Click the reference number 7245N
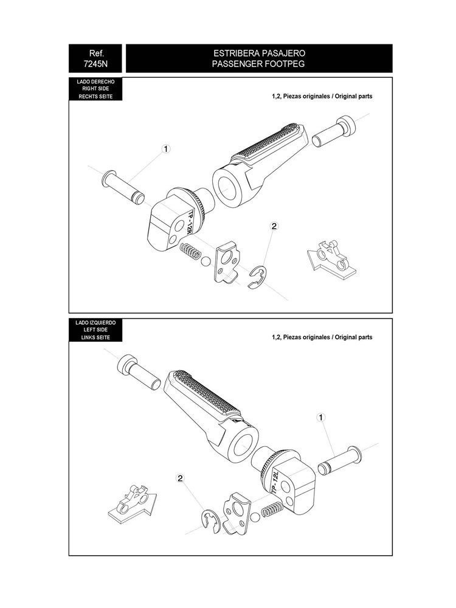pyautogui.click(x=95, y=64)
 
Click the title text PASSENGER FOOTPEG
pyautogui.click(x=258, y=64)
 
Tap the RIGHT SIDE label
pyautogui.click(x=95, y=89)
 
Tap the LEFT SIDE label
pyautogui.click(x=95, y=330)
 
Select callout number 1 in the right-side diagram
pyautogui.click(x=166, y=149)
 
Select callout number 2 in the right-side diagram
pyautogui.click(x=274, y=226)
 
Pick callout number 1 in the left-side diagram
pyautogui.click(x=320, y=418)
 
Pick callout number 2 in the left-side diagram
pyautogui.click(x=180, y=478)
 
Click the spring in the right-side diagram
pyautogui.click(x=191, y=250)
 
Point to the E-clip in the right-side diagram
pyautogui.click(x=257, y=277)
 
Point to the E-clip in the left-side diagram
pyautogui.click(x=211, y=522)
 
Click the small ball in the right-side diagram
pyautogui.click(x=206, y=261)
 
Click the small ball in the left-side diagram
pyautogui.click(x=255, y=517)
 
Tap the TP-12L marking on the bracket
pyautogui.click(x=275, y=481)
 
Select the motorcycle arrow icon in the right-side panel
pyautogui.click(x=331, y=258)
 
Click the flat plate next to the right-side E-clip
pyautogui.click(x=226, y=263)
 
